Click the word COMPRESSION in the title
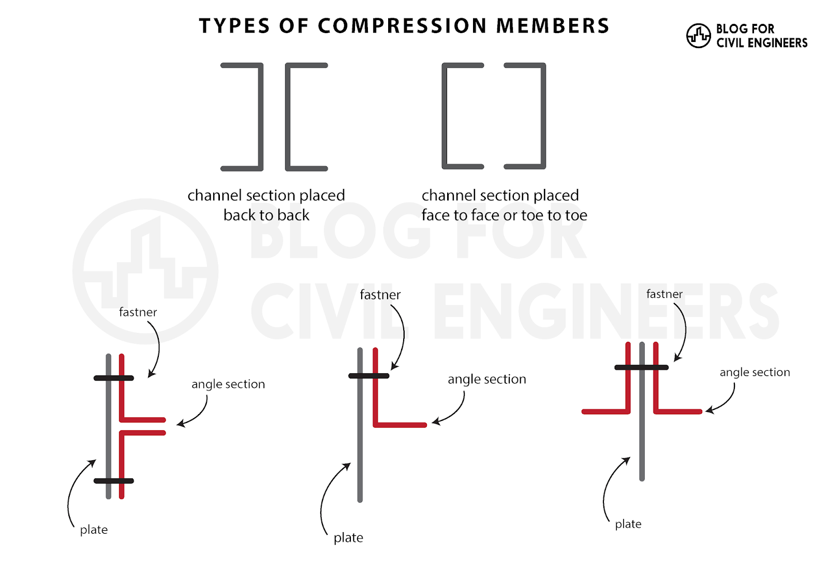[x=402, y=26]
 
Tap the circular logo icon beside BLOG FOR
[x=698, y=36]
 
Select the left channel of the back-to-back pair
[x=260, y=117]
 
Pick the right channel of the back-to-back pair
[x=288, y=117]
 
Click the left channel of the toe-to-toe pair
[x=445, y=116]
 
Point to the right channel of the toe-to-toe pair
[x=543, y=116]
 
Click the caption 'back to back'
[x=266, y=215]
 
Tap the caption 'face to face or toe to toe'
[x=504, y=215]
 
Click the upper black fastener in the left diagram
[x=113, y=378]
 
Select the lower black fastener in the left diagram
[x=113, y=481]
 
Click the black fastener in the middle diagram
[x=368, y=376]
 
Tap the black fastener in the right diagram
[x=641, y=368]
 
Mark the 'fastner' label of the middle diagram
[x=380, y=295]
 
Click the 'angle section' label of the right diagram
[x=755, y=372]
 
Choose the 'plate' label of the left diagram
[x=94, y=530]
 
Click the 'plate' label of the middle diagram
[x=348, y=538]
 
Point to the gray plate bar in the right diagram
[x=642, y=440]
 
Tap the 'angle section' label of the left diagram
[x=228, y=384]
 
